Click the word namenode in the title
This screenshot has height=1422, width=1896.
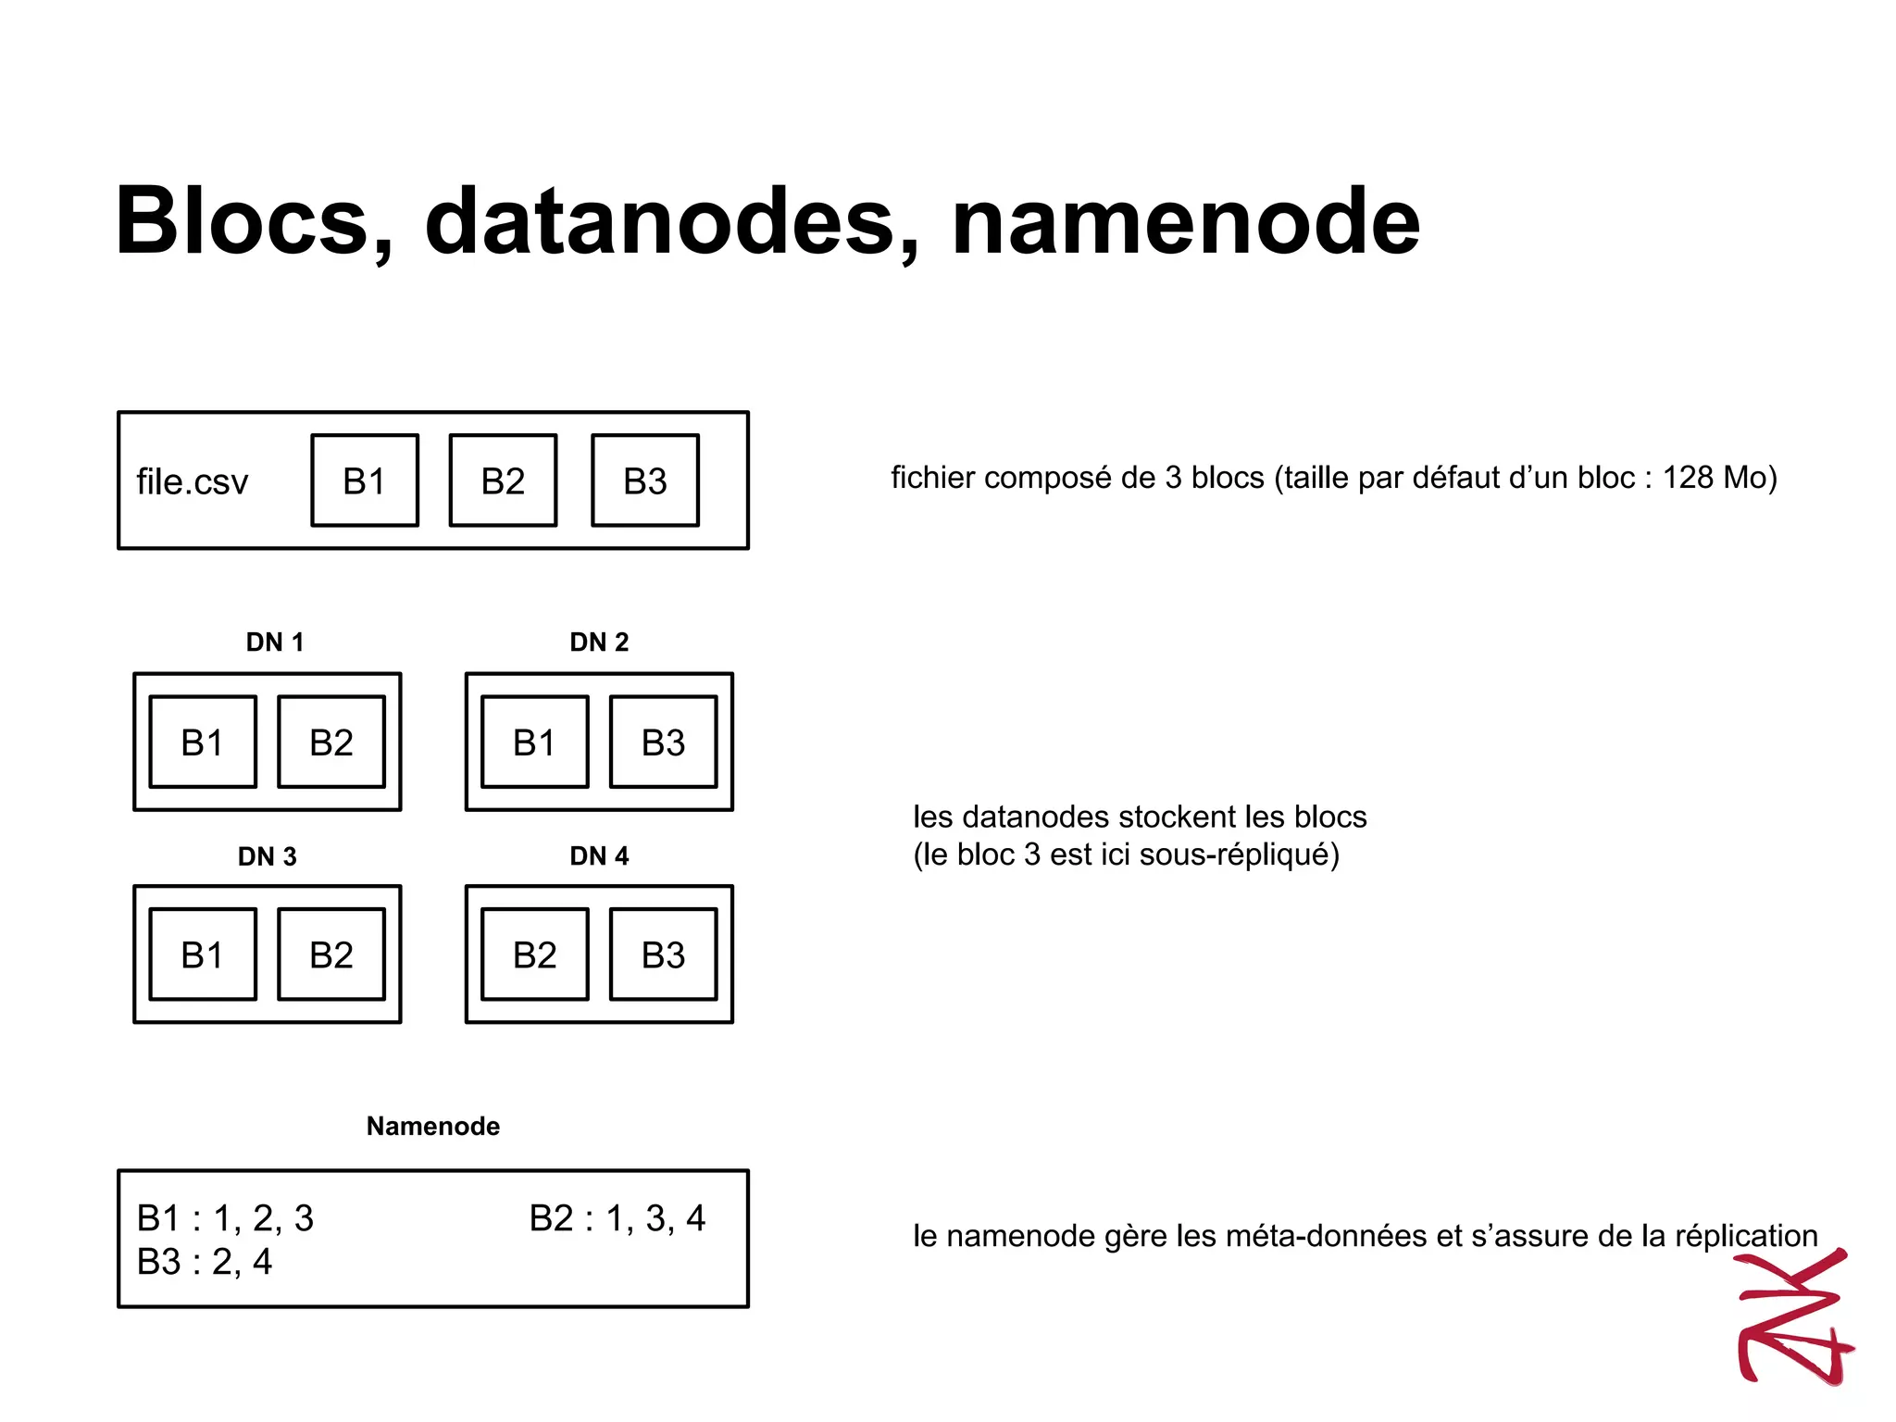click(1185, 222)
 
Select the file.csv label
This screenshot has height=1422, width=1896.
click(193, 482)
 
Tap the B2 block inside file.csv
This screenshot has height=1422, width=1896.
click(503, 480)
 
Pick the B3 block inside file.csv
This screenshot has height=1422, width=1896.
click(645, 480)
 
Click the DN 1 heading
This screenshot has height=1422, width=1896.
click(275, 642)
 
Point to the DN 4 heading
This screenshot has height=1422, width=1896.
click(599, 855)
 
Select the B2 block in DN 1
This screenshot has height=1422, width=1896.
click(331, 742)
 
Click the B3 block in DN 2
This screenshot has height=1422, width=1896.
click(663, 742)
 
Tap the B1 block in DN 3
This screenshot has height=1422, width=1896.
click(203, 954)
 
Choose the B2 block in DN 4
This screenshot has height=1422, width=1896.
click(534, 954)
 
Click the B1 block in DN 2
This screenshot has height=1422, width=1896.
click(534, 742)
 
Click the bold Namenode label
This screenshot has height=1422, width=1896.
click(433, 1126)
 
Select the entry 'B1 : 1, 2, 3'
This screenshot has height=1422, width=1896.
click(225, 1218)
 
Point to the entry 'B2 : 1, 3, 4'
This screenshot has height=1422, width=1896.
click(617, 1218)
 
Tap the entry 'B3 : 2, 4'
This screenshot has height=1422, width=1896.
click(205, 1262)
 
